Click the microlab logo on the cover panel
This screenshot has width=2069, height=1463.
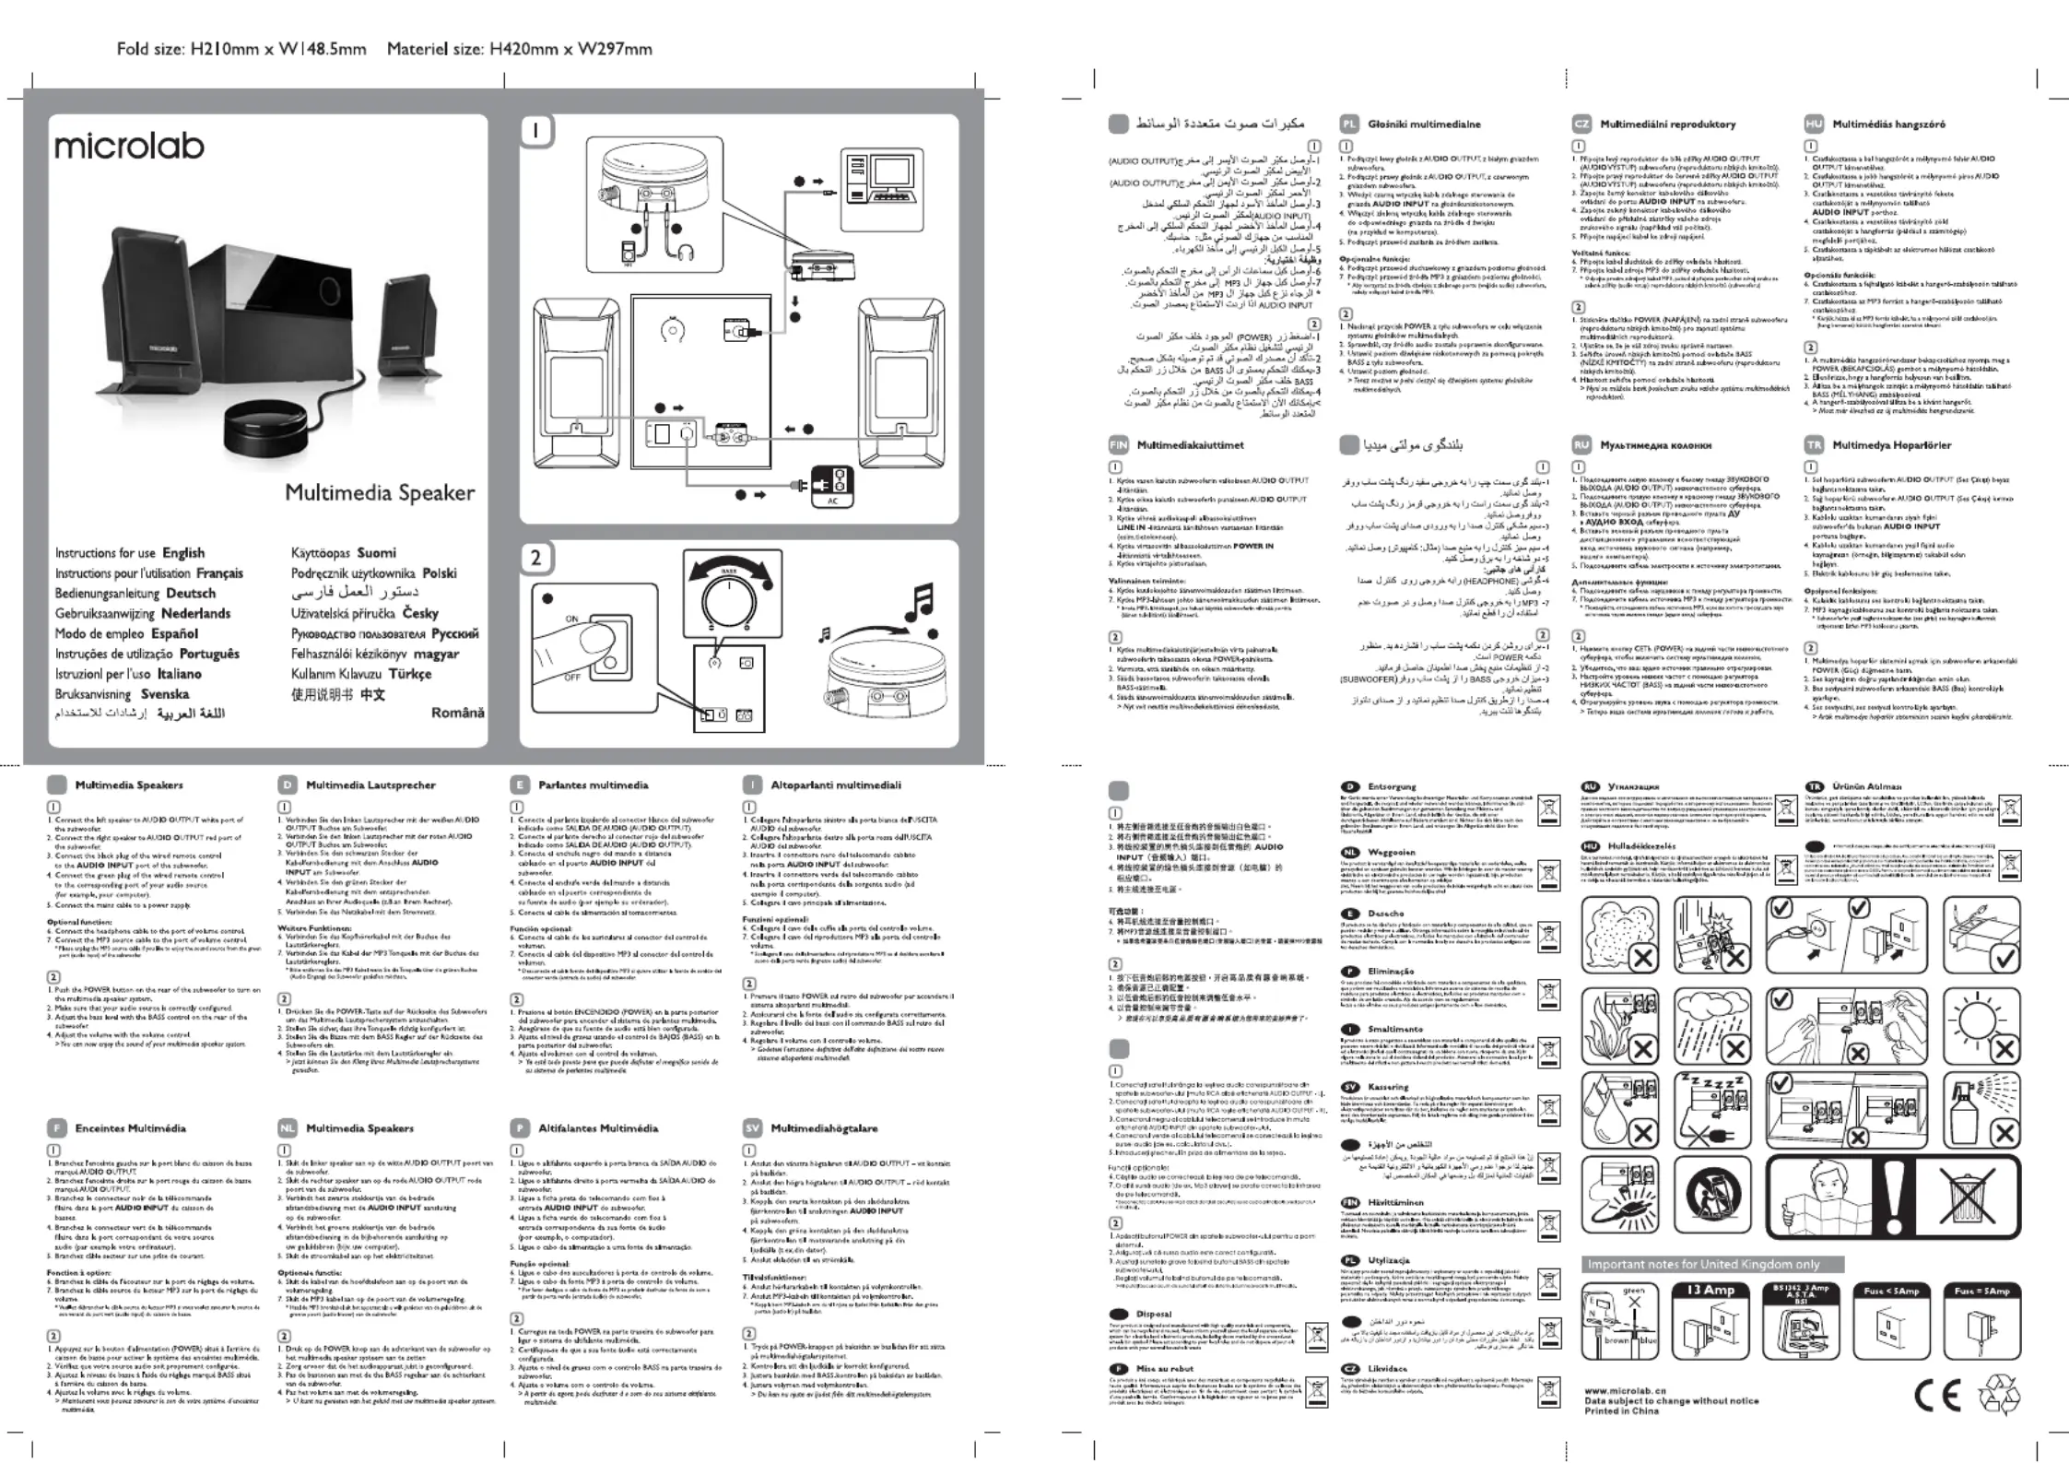point(129,146)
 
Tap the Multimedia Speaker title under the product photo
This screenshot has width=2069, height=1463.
point(380,492)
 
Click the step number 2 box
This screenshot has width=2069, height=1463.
point(536,558)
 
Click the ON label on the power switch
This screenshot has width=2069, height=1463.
point(571,619)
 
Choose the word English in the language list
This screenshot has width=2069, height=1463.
point(183,553)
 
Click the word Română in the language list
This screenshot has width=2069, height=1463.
point(457,713)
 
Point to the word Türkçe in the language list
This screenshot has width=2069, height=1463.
point(410,674)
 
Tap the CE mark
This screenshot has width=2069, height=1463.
point(1936,1397)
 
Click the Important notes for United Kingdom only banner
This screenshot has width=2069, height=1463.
point(1710,1264)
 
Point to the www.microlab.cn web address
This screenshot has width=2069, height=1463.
point(1625,1390)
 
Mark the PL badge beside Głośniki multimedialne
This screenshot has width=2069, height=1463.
point(1348,124)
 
